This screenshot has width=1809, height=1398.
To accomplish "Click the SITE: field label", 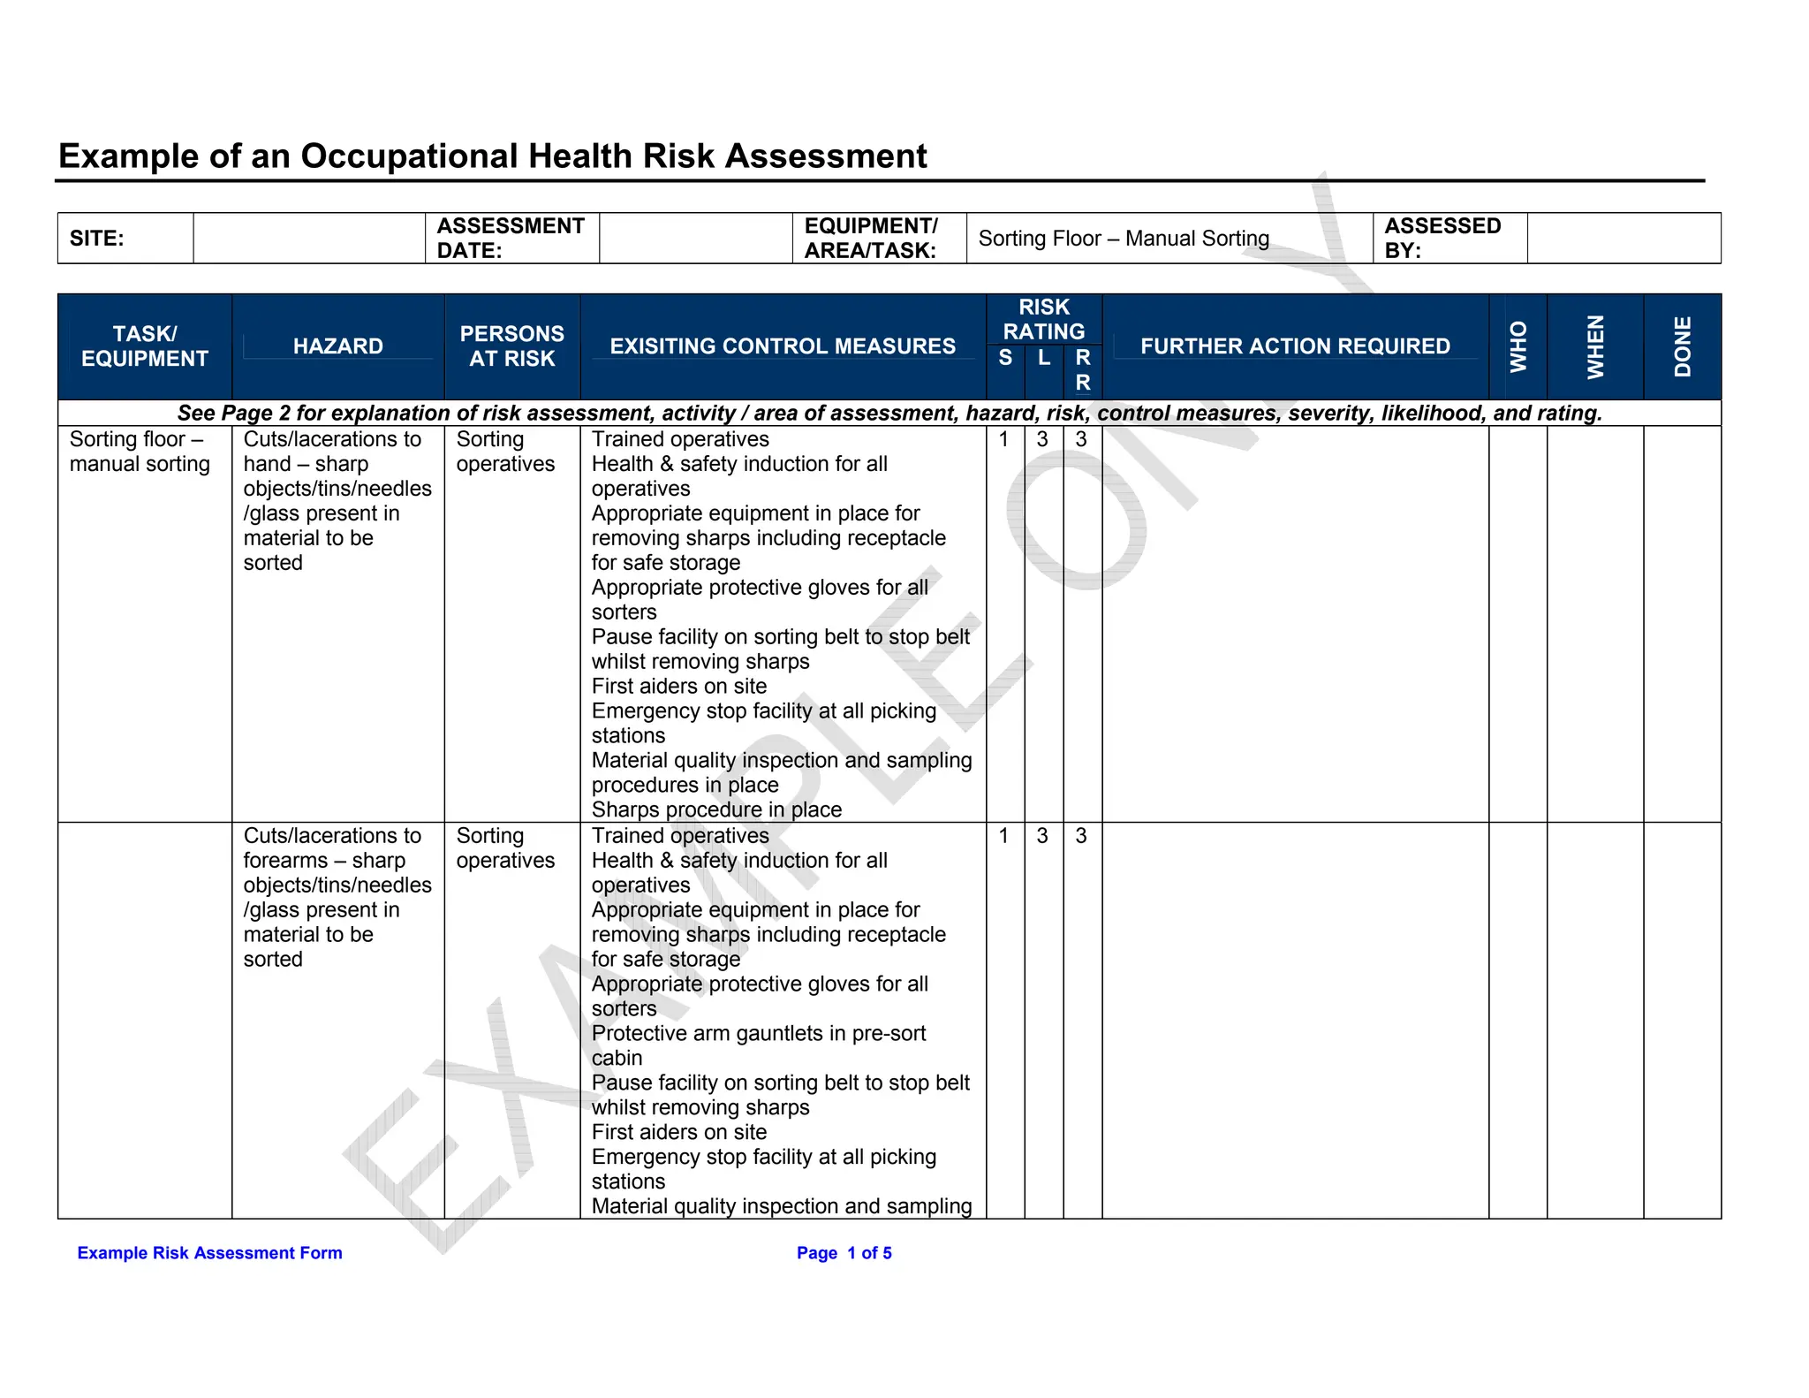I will point(96,239).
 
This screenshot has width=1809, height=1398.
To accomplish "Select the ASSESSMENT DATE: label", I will point(511,239).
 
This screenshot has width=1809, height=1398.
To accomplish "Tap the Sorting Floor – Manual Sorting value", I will point(1124,239).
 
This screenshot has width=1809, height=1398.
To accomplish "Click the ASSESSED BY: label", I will point(1442,239).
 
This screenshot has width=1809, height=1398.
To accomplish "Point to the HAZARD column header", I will point(337,346).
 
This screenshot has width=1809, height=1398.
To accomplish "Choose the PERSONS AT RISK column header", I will point(511,346).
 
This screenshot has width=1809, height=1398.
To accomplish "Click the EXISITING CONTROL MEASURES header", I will point(783,346).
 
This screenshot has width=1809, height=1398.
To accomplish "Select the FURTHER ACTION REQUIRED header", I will point(1295,346).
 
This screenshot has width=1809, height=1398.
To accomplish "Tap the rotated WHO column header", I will point(1518,346).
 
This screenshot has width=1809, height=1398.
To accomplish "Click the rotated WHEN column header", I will point(1595,346).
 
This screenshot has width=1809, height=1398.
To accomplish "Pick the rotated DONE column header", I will point(1682,346).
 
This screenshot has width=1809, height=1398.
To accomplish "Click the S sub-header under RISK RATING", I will point(1005,358).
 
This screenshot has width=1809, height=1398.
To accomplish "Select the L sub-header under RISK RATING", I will point(1044,358).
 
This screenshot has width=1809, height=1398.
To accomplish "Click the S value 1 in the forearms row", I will point(1003,836).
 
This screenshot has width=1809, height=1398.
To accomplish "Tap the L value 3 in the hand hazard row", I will point(1042,439).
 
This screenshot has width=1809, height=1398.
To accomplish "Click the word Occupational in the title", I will point(409,156).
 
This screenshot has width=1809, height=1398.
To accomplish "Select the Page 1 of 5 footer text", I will point(844,1253).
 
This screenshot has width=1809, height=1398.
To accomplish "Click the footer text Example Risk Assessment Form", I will point(209,1253).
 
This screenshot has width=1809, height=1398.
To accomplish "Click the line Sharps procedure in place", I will point(716,809).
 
